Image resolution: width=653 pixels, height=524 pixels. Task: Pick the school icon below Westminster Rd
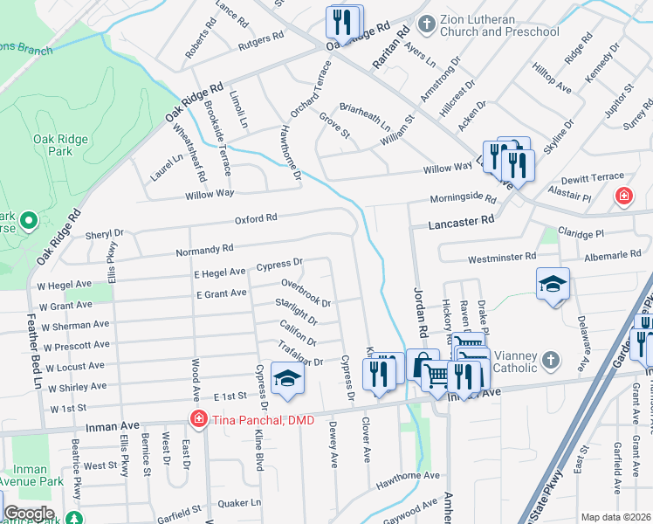pos(553,285)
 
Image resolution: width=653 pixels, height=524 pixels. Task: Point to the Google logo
pos(28,514)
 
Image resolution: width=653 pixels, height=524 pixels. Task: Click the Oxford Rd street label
pos(254,217)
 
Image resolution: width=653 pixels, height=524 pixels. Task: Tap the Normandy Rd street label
pos(205,250)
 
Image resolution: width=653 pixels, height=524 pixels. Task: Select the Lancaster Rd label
pos(462,224)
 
